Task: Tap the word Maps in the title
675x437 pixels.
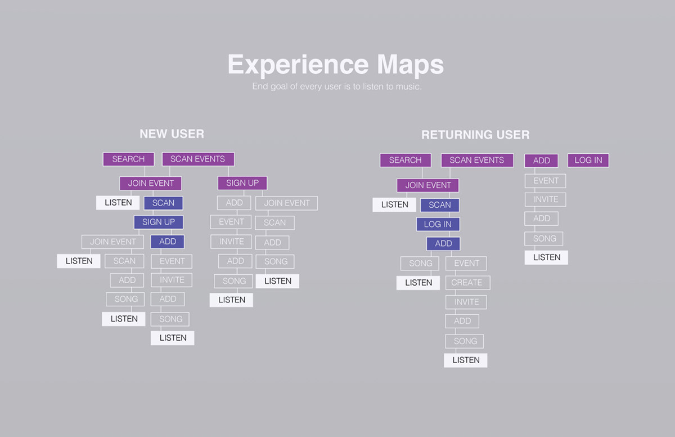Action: click(x=411, y=65)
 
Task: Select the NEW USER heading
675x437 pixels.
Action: click(x=172, y=134)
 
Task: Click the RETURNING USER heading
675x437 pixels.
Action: click(x=475, y=135)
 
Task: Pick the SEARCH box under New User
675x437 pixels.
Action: click(x=128, y=159)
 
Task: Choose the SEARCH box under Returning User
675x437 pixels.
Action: click(x=405, y=160)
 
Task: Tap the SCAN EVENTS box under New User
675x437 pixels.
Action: click(x=197, y=159)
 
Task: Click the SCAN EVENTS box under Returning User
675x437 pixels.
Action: click(x=477, y=160)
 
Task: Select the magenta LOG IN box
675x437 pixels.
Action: click(x=588, y=160)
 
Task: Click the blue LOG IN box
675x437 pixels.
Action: click(x=438, y=224)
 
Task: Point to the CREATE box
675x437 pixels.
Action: click(x=467, y=283)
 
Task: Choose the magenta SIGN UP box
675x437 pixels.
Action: click(x=242, y=183)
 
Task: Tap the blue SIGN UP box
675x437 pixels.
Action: click(x=159, y=222)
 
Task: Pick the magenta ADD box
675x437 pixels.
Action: click(x=541, y=160)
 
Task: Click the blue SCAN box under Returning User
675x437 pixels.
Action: click(x=439, y=205)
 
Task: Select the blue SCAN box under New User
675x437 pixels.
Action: click(x=163, y=203)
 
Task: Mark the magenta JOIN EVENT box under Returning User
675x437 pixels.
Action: click(x=428, y=185)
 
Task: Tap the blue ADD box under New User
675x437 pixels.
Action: click(x=168, y=242)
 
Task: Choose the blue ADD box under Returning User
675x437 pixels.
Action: click(x=443, y=244)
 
